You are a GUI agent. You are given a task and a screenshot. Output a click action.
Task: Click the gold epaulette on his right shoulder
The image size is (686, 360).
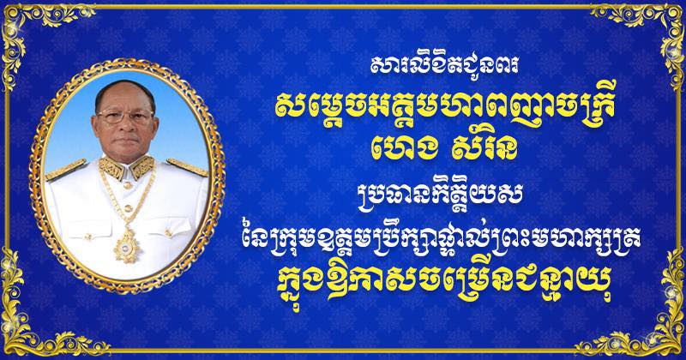pos(66,170)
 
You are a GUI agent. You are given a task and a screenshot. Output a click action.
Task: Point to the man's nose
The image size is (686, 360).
pos(125,126)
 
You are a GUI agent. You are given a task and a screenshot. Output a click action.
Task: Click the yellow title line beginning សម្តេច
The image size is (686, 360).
pos(445,107)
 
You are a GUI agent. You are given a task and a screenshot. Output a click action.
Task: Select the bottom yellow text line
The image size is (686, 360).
pos(443,286)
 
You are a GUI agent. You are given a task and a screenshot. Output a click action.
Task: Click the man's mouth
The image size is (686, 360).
pos(126,141)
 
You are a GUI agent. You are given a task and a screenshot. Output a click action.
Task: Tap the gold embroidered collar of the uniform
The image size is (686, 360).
pos(126,167)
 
